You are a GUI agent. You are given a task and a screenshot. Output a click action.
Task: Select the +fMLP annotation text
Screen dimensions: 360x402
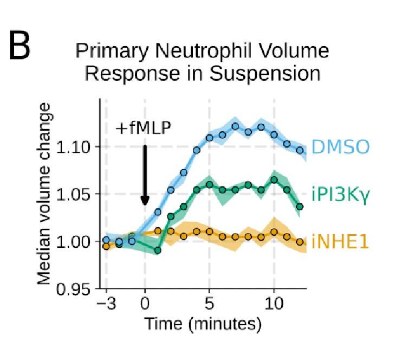[x=143, y=128]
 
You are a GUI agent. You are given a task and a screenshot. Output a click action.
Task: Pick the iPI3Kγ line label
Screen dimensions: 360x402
[x=339, y=194]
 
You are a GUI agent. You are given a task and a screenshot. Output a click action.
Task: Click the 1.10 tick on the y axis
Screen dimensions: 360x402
[x=76, y=147]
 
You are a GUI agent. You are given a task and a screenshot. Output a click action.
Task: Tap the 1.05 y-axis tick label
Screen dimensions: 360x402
[x=76, y=194]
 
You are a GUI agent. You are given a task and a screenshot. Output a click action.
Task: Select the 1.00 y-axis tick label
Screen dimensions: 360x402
[x=76, y=241]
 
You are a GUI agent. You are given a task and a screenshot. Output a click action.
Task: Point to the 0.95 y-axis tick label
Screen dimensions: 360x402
[x=76, y=288]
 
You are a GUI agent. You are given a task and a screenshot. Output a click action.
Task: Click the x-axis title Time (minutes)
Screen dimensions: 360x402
[x=203, y=324]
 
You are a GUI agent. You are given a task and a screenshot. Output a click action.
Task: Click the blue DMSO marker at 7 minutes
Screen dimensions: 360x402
[x=235, y=126]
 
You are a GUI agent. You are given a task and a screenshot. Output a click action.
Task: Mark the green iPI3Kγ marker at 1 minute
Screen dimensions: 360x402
[x=158, y=250]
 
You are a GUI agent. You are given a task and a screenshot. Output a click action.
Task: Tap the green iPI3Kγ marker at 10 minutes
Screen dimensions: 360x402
[x=274, y=179]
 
